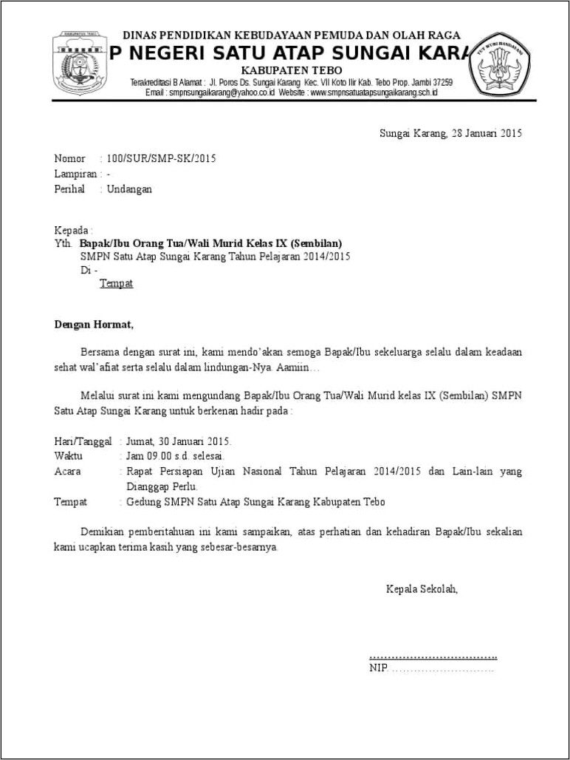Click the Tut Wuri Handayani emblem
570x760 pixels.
click(499, 67)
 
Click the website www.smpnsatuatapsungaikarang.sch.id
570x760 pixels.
click(374, 93)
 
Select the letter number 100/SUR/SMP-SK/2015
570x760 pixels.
click(161, 158)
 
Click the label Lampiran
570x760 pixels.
click(75, 174)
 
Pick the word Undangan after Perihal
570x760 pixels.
click(129, 189)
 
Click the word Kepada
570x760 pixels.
click(72, 230)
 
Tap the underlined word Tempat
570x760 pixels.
click(116, 284)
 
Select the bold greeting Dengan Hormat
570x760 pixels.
click(94, 324)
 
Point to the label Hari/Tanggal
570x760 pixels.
click(83, 441)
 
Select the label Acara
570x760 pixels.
click(68, 471)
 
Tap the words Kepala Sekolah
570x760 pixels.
click(422, 589)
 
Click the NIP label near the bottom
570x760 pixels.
click(377, 669)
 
